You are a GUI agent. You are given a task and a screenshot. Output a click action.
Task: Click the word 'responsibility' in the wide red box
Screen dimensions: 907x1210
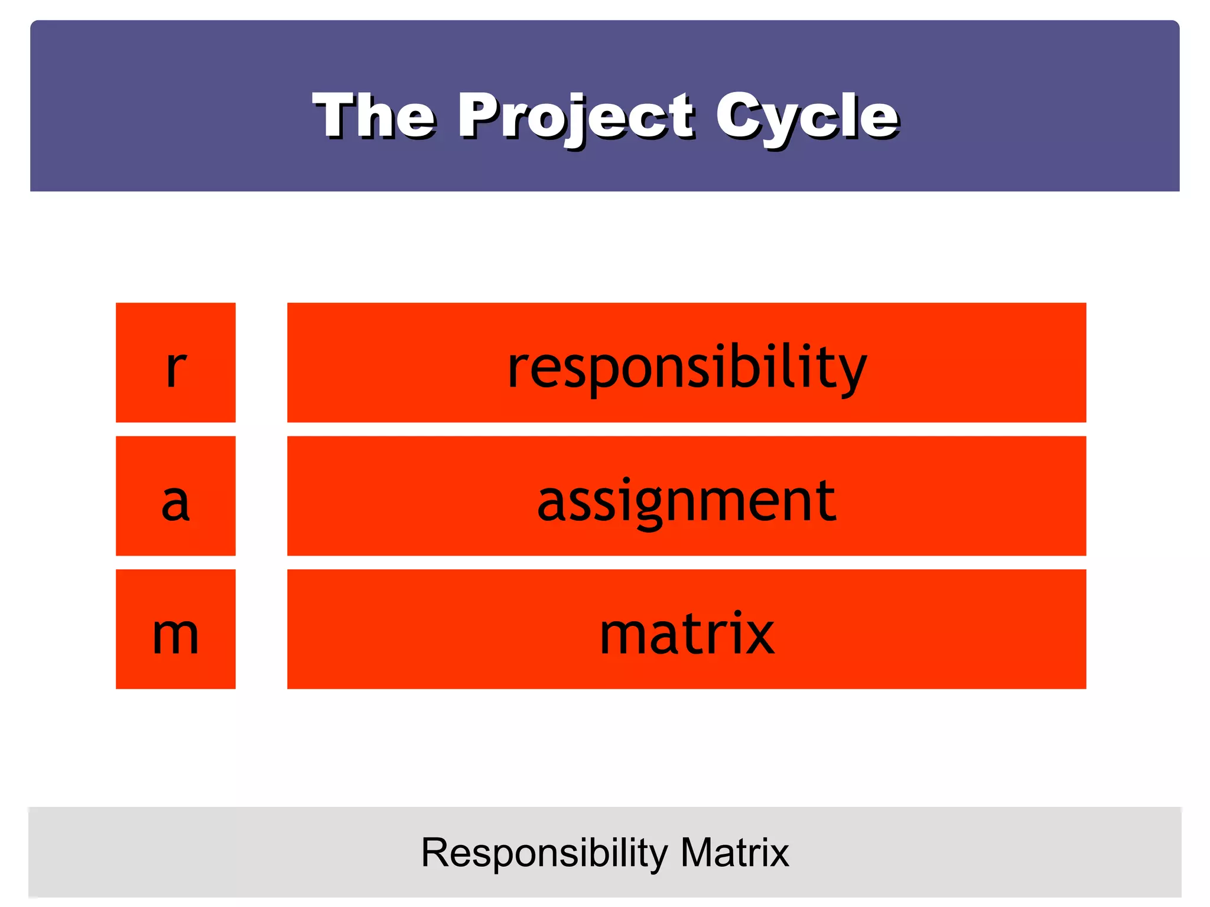tap(687, 367)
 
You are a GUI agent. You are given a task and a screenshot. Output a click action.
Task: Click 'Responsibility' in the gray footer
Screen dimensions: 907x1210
tap(544, 853)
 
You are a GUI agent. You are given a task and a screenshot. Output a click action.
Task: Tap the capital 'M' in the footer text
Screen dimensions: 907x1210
tap(698, 853)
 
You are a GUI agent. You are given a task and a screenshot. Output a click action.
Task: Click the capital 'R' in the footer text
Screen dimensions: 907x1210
tap(436, 853)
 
